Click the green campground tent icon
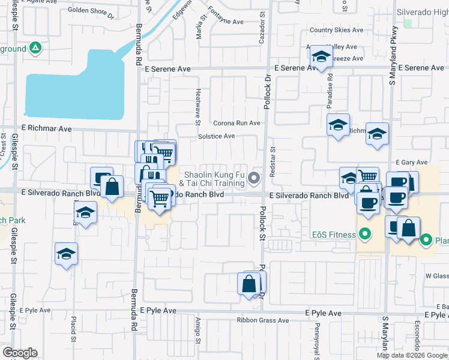pyautogui.click(x=35, y=48)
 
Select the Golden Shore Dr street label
pyautogui.click(x=91, y=10)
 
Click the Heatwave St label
pyautogui.click(x=198, y=106)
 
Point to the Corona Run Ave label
pyautogui.click(x=237, y=123)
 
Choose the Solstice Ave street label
pyautogui.click(x=216, y=136)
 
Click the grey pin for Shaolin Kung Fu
pyautogui.click(x=255, y=177)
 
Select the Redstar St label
pyautogui.click(x=273, y=162)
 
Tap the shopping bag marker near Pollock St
pyautogui.click(x=249, y=284)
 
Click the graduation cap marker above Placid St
pyautogui.click(x=66, y=254)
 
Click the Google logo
pyautogui.click(x=20, y=353)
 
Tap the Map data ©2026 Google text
pyautogui.click(x=412, y=355)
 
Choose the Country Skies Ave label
pyautogui.click(x=336, y=31)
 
